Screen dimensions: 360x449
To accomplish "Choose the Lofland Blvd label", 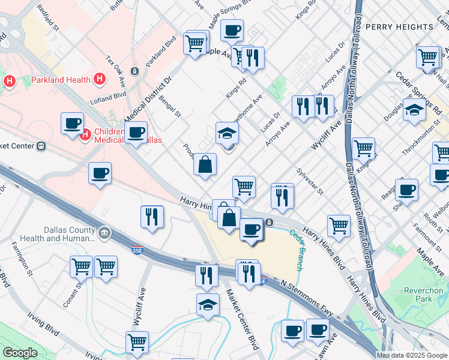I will click(x=107, y=97).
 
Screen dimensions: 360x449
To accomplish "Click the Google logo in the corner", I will click(x=19, y=353).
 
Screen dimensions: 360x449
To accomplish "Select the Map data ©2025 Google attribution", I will click(x=412, y=355).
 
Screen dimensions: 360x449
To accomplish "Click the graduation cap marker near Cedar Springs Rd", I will click(x=414, y=110).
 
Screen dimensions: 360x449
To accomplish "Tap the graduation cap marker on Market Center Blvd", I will click(x=208, y=304).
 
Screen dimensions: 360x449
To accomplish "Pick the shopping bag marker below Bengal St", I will click(x=205, y=164).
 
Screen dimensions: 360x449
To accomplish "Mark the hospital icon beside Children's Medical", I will click(x=85, y=134).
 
